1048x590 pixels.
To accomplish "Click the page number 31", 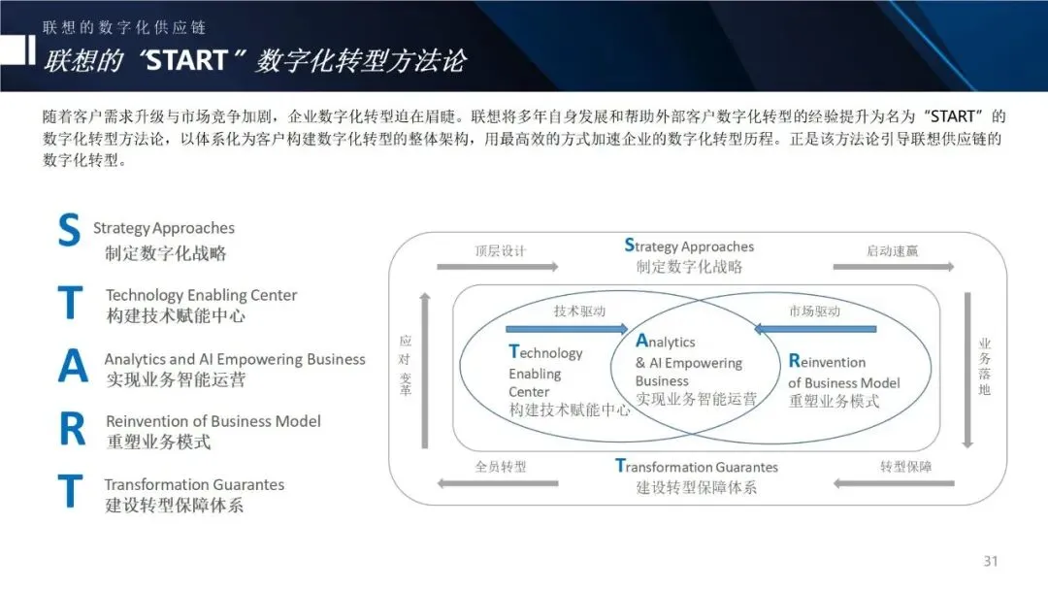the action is [990, 561].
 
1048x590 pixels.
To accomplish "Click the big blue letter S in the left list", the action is [69, 232].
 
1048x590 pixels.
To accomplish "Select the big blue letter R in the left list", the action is [72, 430].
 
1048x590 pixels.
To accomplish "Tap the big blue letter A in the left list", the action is [72, 365].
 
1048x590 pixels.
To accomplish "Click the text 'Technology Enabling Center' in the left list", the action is [201, 295].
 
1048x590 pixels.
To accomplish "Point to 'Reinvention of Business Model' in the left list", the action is [213, 421].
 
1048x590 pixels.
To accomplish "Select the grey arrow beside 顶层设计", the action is [498, 267].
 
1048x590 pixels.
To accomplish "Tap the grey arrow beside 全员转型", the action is [498, 482].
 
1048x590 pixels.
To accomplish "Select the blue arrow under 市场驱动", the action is [815, 329].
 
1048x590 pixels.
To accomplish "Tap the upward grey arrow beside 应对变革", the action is [424, 370].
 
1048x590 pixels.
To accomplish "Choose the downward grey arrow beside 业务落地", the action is [966, 370].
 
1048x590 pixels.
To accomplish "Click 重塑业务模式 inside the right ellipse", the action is [834, 401].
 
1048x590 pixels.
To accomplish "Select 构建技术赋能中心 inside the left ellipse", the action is [570, 410].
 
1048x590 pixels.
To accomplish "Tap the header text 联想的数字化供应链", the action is [124, 27].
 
